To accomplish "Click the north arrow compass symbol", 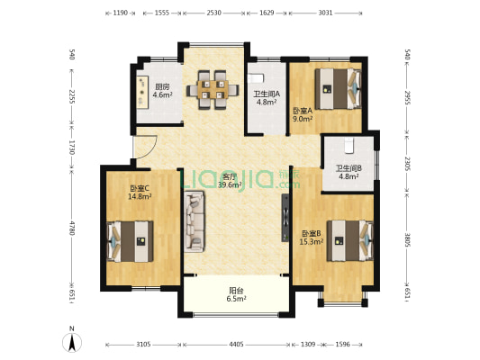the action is [72, 342].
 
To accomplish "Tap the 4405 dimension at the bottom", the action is [236, 345].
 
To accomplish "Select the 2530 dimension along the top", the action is [213, 13].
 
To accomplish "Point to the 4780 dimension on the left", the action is [72, 228].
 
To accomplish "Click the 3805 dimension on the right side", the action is [407, 240].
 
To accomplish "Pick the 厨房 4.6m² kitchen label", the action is [162, 91].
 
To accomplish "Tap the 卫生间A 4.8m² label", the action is [267, 98].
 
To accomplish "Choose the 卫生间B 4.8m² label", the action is [349, 172].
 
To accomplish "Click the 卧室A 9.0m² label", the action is [303, 114].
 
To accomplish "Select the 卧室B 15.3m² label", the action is [312, 238].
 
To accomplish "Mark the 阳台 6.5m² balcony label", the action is [237, 294].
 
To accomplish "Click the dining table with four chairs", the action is [213, 90].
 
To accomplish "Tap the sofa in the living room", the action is [195, 221].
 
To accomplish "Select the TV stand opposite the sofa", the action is [285, 218].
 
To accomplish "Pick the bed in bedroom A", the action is [338, 89].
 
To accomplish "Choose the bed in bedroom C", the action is [130, 241].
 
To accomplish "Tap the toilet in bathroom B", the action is [349, 145].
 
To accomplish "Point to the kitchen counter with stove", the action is [142, 92].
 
